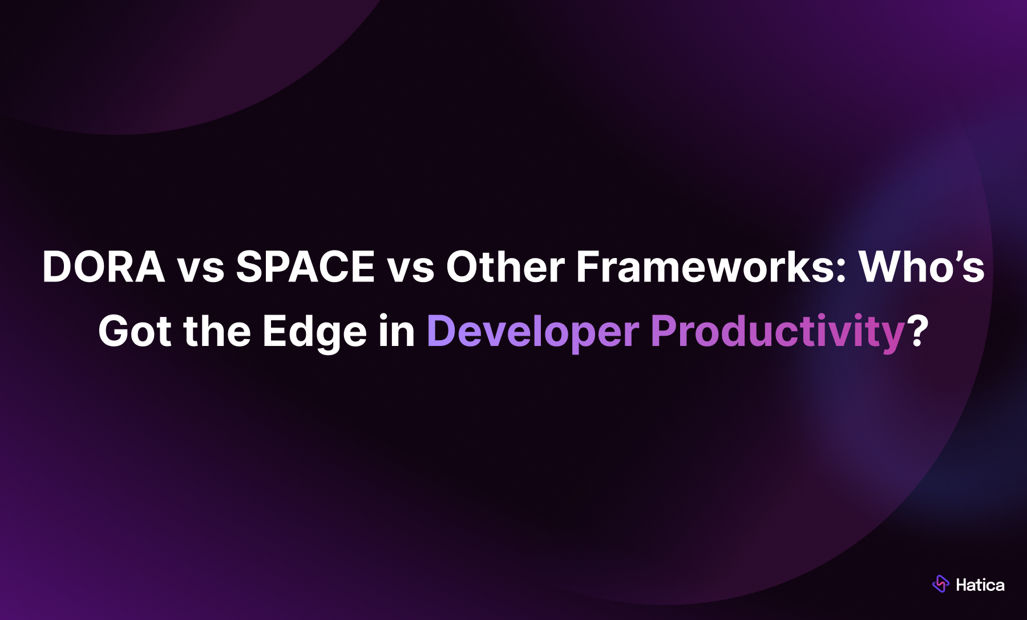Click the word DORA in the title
pyautogui.click(x=103, y=267)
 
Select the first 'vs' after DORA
pyautogui.click(x=200, y=269)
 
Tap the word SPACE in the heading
pyautogui.click(x=305, y=267)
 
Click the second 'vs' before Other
pyautogui.click(x=410, y=269)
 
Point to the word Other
pyautogui.click(x=505, y=267)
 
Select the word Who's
pyautogui.click(x=921, y=267)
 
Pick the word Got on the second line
pyautogui.click(x=135, y=332)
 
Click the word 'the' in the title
pyautogui.click(x=217, y=332)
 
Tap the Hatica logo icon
pyautogui.click(x=940, y=584)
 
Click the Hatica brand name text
pyautogui.click(x=980, y=585)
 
